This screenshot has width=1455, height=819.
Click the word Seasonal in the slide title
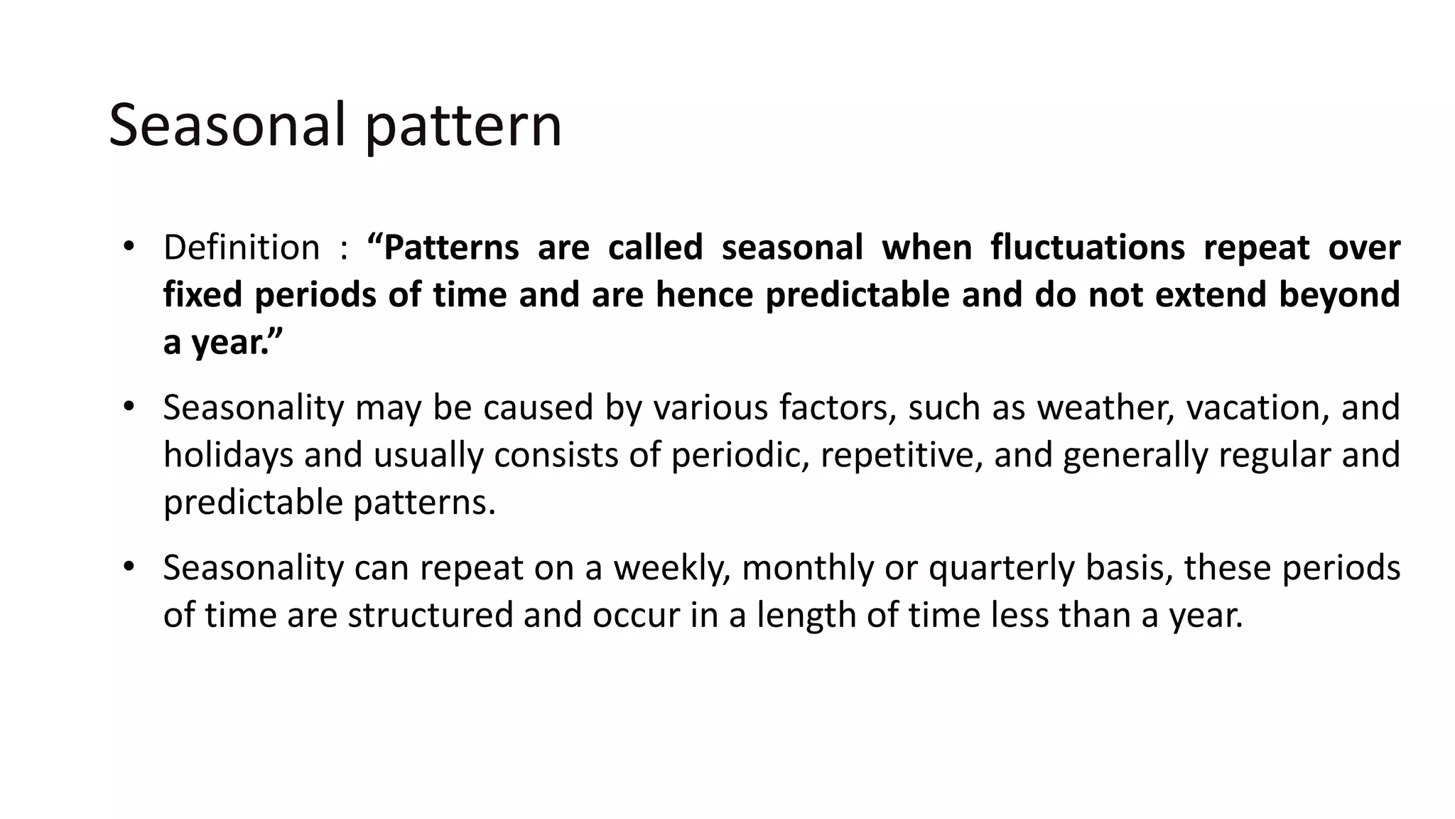coord(227,125)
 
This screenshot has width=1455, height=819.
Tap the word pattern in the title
coord(463,127)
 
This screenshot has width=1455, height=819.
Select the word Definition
coord(242,247)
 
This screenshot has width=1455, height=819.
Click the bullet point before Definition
coord(128,247)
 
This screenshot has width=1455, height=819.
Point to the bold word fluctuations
coord(1088,247)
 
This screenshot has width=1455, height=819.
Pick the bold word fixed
coord(202,294)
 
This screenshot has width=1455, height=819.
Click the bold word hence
coord(704,294)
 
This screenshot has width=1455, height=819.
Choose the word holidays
coord(228,455)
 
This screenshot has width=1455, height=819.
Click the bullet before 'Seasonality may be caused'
coord(128,407)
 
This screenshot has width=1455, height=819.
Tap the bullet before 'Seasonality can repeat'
coord(128,567)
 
